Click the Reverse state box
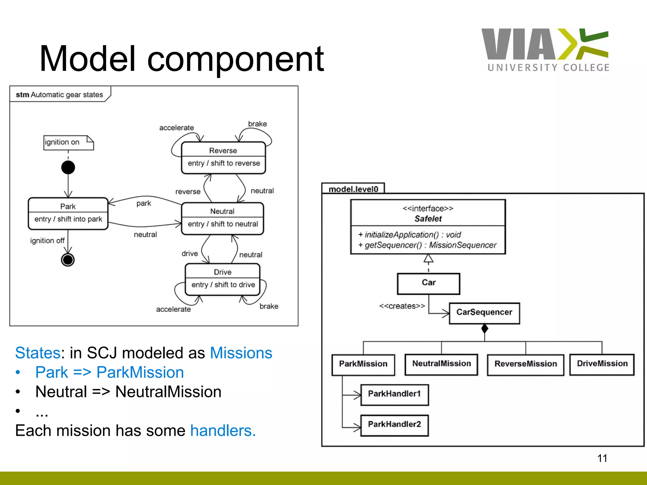click(223, 158)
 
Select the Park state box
click(68, 213)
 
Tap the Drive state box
click(223, 279)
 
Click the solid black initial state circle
click(68, 167)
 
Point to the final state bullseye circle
click(68, 260)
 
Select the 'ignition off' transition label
click(47, 241)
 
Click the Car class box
click(428, 283)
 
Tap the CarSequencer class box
click(484, 313)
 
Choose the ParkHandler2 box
click(394, 425)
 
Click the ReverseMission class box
click(525, 364)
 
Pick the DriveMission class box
click(602, 364)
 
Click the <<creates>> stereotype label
click(402, 306)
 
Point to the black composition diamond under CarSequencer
click(485, 329)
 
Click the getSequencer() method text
click(427, 245)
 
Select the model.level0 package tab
click(353, 189)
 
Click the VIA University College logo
click(545, 50)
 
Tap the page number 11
click(602, 458)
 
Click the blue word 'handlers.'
click(223, 431)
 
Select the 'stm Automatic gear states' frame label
click(59, 95)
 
